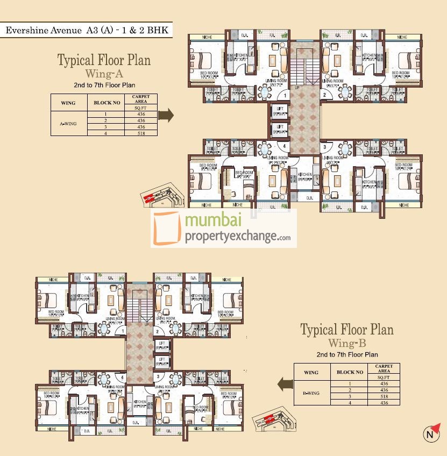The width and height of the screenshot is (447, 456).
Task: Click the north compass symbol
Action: tap(429, 434)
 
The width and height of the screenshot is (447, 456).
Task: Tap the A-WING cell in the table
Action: tap(68, 123)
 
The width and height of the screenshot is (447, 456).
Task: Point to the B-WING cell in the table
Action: tap(311, 393)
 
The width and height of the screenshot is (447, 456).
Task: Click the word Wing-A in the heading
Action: tap(104, 73)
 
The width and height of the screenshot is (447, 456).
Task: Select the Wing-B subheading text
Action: tap(346, 343)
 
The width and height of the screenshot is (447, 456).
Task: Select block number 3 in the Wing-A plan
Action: tap(324, 147)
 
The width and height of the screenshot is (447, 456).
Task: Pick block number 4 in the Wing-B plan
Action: tap(123, 377)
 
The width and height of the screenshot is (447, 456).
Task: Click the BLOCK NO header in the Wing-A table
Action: tap(107, 102)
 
